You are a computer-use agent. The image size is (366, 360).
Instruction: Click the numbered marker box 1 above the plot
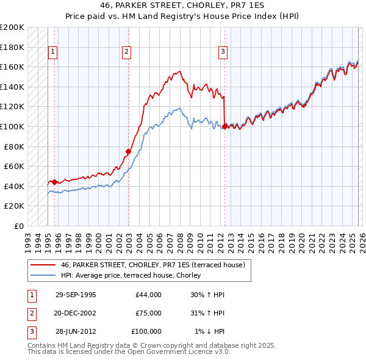(53, 52)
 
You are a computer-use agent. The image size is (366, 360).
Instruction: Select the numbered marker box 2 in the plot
(126, 52)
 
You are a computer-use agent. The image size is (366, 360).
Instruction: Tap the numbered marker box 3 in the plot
(223, 52)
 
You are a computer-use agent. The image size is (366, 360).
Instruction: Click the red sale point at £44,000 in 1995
(54, 182)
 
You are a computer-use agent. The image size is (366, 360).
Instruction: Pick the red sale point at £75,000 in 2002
(129, 151)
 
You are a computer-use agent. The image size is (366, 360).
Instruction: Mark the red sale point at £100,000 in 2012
(224, 126)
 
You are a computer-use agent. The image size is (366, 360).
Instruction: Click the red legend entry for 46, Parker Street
(152, 265)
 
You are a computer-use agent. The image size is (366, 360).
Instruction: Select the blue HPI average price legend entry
(135, 276)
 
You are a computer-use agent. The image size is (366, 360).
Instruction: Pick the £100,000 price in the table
(146, 331)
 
